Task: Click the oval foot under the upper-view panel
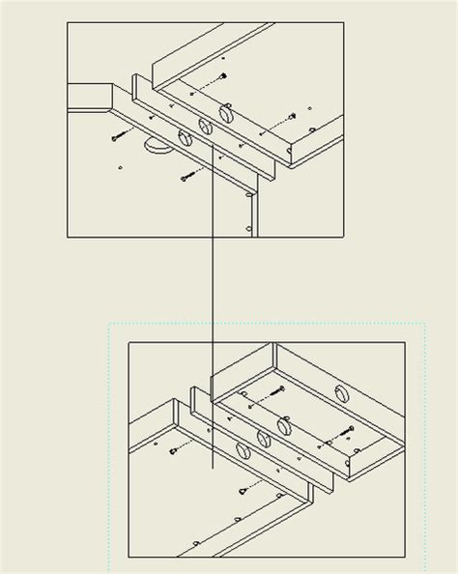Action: tap(155, 146)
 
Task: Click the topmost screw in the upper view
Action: tap(221, 76)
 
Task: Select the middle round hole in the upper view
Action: tap(205, 126)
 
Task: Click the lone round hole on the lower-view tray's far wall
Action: tap(340, 392)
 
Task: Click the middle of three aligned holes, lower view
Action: tap(260, 439)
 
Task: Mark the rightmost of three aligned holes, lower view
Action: tap(284, 426)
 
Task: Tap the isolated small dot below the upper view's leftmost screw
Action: tap(119, 168)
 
